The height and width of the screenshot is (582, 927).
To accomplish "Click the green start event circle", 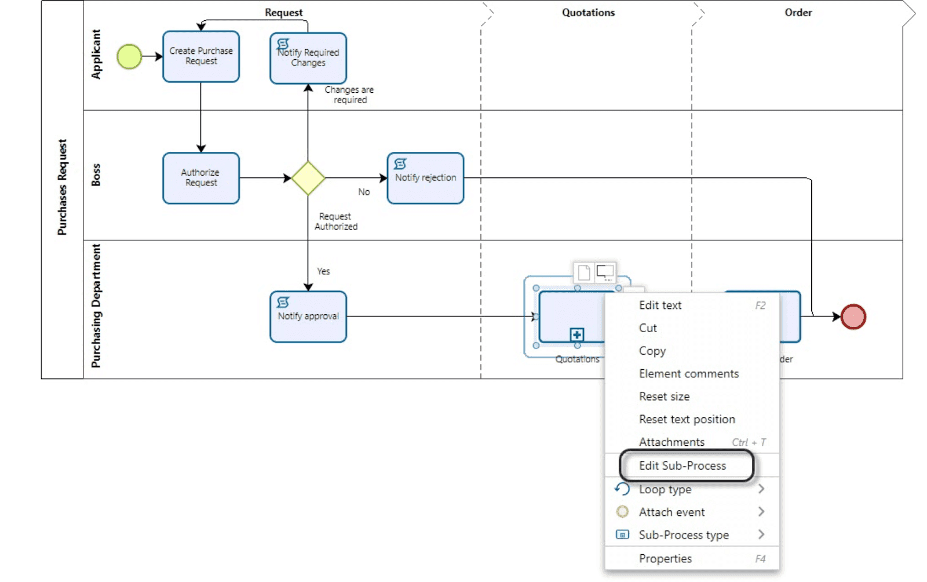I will point(129,56).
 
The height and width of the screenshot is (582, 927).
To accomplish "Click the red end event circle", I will point(853,317).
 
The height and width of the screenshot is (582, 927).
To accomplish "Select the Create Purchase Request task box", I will point(200,56).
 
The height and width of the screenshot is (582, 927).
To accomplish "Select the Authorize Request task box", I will point(200,177).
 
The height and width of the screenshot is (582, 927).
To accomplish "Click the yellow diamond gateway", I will point(308,178).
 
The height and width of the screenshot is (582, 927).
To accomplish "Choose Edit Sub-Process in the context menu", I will point(682,465).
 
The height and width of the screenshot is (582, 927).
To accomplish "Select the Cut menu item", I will point(648,328).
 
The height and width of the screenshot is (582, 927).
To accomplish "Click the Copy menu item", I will point(652,351).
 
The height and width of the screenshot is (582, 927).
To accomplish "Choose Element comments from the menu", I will point(688,374).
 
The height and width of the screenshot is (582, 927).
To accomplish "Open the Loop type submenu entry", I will point(665,489).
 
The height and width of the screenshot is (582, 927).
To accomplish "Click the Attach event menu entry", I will point(671,512).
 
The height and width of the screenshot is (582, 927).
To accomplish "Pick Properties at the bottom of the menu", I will point(665,558).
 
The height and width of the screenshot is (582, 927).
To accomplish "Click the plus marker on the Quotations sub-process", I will point(576,334).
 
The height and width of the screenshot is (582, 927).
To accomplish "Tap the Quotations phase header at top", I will point(588,12).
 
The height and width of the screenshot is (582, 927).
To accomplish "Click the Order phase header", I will point(798,12).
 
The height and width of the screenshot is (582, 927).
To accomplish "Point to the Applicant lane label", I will point(96,54).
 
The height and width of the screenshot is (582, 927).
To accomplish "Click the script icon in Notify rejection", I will point(400,164).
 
